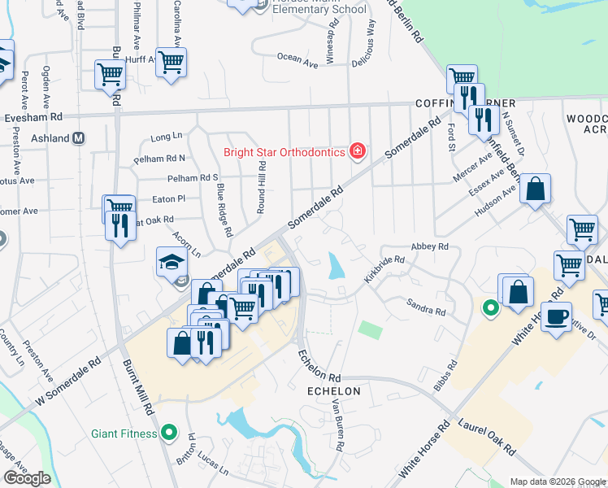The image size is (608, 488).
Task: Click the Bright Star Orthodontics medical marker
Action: [356, 151]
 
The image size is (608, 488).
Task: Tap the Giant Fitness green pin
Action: [169, 433]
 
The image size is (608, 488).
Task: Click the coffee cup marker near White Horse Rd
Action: [556, 316]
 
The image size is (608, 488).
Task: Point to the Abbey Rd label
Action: [431, 246]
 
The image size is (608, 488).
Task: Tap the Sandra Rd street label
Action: [426, 306]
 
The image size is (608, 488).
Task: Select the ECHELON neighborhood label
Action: [333, 391]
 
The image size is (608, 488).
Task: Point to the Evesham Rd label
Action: [33, 116]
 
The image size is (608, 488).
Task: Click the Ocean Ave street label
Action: [297, 58]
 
